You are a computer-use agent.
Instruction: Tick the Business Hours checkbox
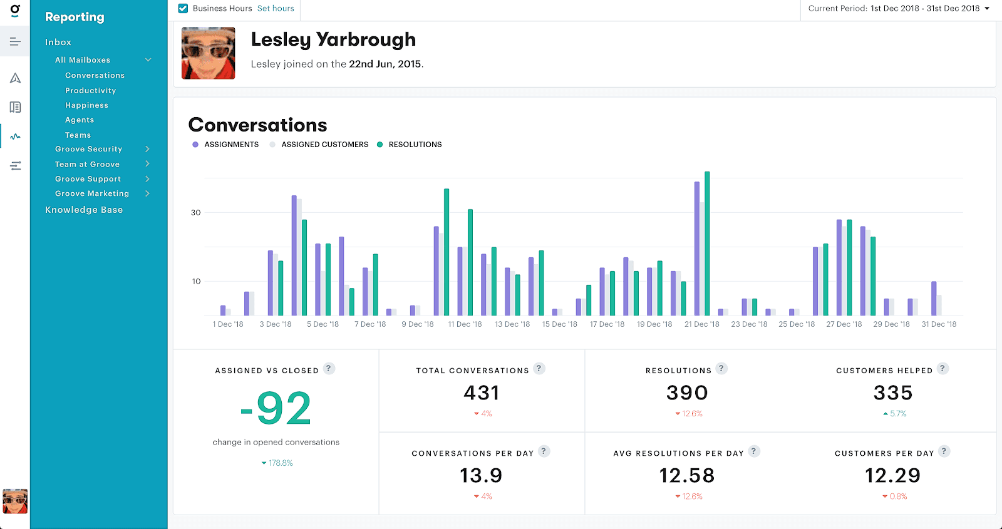(183, 8)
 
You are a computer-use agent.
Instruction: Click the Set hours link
(276, 8)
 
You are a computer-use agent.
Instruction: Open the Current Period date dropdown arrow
(987, 8)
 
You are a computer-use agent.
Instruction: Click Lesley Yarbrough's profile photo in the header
(208, 53)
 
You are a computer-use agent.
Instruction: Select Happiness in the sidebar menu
(86, 105)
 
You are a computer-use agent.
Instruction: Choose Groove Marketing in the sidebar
(92, 193)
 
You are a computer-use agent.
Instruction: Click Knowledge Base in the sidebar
(84, 210)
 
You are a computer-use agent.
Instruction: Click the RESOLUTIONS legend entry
(415, 145)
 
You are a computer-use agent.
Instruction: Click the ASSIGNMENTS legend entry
(231, 145)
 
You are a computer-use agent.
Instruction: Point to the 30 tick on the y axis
(196, 213)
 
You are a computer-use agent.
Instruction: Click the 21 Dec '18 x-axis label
(701, 324)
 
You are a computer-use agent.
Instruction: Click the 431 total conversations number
(482, 393)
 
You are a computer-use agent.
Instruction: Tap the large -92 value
(276, 408)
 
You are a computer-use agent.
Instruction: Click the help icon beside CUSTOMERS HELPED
(943, 369)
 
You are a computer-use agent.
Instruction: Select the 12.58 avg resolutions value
(687, 475)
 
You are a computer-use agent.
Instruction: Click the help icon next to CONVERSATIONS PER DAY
(544, 451)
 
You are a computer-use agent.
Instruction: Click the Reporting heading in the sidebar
(75, 17)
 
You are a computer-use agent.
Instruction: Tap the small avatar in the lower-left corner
(15, 501)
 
